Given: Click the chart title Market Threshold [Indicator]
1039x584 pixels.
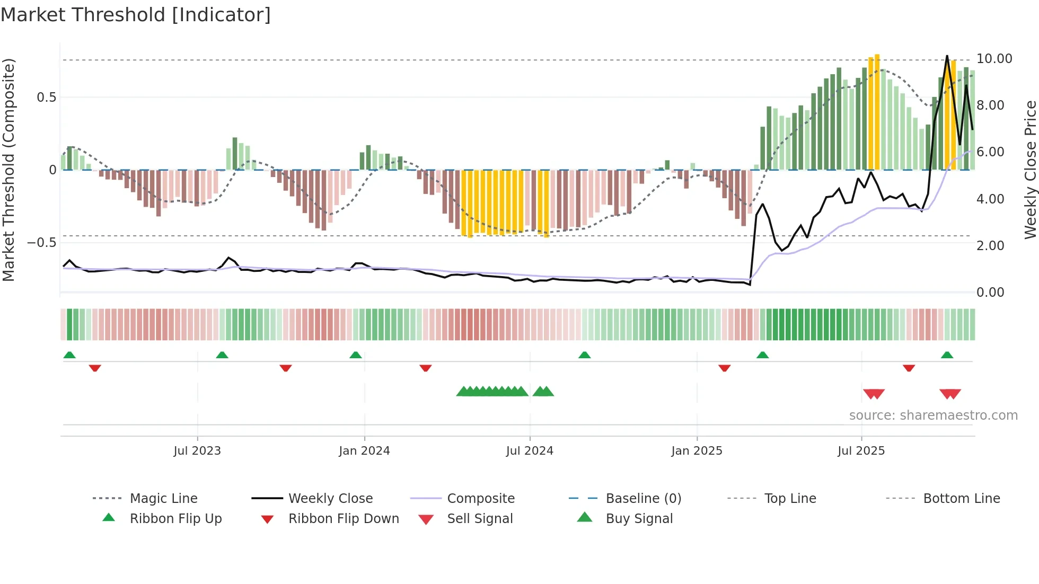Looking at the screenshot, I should (x=136, y=15).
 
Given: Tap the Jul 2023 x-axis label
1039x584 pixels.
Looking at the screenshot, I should (x=197, y=451).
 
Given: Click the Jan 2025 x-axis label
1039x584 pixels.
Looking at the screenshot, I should (x=697, y=451).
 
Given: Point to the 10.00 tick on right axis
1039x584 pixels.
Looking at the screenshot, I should (x=994, y=59).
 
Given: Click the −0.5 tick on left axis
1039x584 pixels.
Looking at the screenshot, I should (x=41, y=243).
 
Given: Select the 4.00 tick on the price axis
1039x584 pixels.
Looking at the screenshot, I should (x=990, y=199).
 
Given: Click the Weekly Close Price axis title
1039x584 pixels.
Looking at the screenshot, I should (x=1030, y=170).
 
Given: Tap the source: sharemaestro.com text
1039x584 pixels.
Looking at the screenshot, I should (x=933, y=415).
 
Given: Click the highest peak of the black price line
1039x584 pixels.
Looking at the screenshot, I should (x=947, y=56).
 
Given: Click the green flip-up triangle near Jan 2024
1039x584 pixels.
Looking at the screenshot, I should (x=356, y=355).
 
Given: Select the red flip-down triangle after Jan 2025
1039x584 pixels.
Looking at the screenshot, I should (x=725, y=368).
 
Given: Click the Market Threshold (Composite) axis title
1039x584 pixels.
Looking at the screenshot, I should (x=8, y=170).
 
